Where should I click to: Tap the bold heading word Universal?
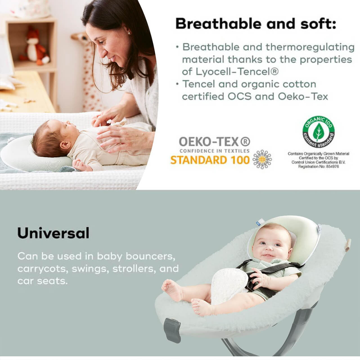pos(53,233)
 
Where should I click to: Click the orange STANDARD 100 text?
pos(210,160)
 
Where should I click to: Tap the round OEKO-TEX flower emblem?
pos(262,159)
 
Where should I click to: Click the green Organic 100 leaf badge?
pos(319,132)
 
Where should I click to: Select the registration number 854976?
pos(332,167)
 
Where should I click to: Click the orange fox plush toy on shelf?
pos(35,47)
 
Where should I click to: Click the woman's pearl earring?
pos(129,33)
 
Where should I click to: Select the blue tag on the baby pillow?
pos(258,223)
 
